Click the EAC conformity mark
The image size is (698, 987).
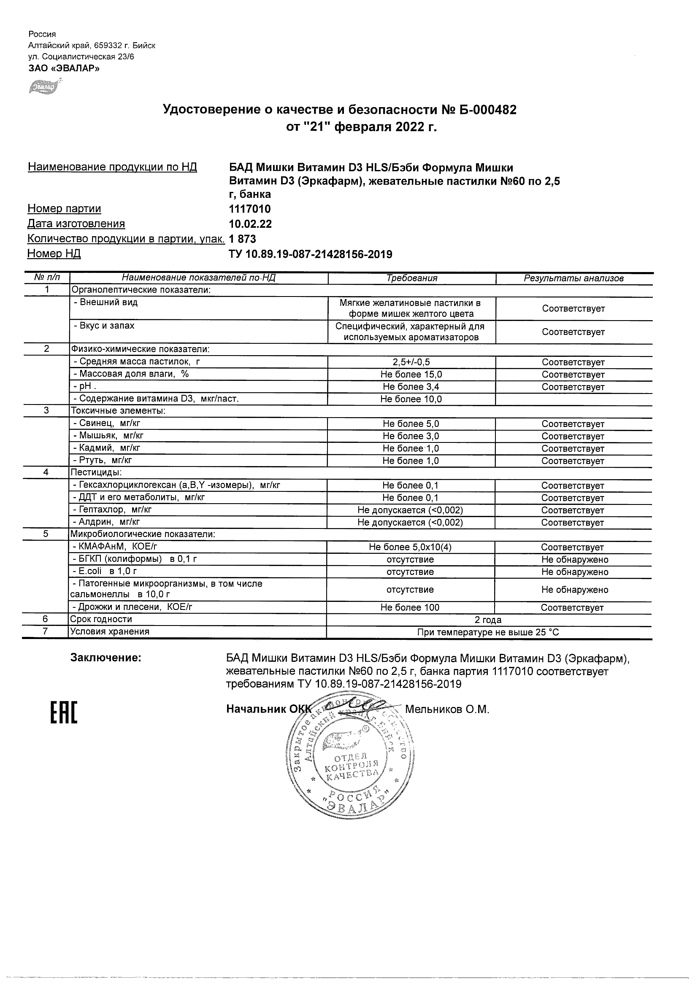tap(64, 712)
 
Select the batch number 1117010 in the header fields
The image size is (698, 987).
tap(250, 209)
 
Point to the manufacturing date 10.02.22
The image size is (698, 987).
tap(250, 224)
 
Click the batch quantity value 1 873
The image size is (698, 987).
tap(243, 239)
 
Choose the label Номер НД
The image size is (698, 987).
tap(54, 253)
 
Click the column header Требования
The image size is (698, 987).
tap(411, 278)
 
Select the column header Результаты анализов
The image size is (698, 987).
tap(573, 278)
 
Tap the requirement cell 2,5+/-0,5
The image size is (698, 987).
tap(411, 362)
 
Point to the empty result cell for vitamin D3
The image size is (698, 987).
tap(573, 399)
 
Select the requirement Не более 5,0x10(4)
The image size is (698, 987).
tap(410, 547)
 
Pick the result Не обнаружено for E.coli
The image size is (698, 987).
tap(575, 572)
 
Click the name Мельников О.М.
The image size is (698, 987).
tap(447, 709)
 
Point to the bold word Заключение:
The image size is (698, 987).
tap(106, 658)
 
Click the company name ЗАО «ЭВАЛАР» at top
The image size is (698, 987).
tap(64, 68)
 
